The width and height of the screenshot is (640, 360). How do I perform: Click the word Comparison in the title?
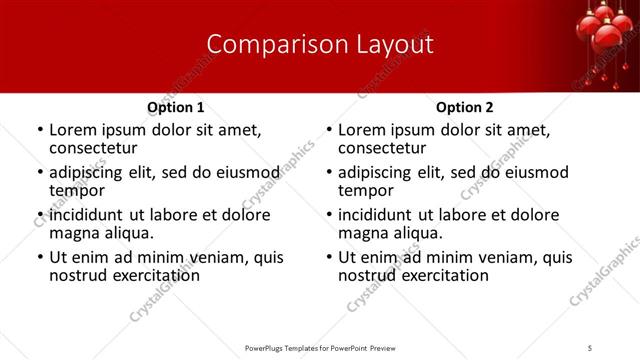point(265,44)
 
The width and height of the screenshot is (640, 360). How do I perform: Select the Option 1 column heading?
point(175,107)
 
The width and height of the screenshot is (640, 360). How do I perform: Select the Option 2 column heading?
point(465,107)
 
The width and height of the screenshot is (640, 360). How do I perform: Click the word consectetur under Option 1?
point(92,148)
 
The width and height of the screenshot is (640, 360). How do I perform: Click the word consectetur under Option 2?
point(382,148)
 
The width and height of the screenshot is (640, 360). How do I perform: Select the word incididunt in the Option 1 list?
point(88,215)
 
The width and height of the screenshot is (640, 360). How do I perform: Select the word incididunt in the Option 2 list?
point(378,215)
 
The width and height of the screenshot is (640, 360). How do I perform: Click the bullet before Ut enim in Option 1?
point(40,258)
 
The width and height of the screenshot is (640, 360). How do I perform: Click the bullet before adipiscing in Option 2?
point(329,173)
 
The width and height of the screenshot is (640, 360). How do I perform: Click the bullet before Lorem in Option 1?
point(40,131)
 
